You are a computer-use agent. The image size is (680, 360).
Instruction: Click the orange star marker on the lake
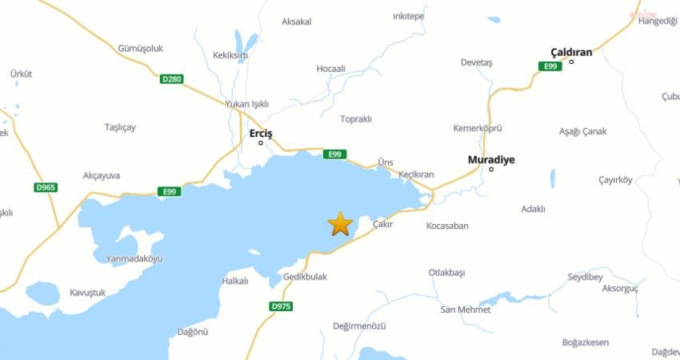(x=340, y=224)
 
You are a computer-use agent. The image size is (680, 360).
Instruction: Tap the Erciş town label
(x=262, y=133)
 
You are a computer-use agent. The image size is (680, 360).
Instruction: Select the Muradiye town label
(x=490, y=159)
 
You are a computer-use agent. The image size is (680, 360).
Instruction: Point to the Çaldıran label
(x=571, y=52)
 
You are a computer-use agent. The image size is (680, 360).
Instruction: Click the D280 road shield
(x=171, y=79)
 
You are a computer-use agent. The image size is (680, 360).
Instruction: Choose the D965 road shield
(x=46, y=187)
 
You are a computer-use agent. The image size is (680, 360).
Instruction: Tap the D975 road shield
(x=281, y=306)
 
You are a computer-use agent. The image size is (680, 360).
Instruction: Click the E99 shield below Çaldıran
(x=550, y=66)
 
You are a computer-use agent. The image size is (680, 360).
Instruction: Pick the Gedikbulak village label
(x=305, y=277)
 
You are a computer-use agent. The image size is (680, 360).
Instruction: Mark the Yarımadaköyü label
(x=134, y=258)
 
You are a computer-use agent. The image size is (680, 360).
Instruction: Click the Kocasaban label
(x=447, y=226)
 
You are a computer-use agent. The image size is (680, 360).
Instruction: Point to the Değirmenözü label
(x=359, y=326)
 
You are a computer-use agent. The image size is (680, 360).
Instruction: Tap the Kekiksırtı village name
(x=230, y=55)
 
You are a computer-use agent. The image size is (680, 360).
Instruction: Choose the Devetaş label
(x=476, y=62)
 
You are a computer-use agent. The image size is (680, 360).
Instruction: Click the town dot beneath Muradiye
(x=491, y=169)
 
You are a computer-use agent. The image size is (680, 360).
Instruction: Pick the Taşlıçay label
(x=120, y=127)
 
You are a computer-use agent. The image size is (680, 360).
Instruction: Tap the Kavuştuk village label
(x=88, y=293)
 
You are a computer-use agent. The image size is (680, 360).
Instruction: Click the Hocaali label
(x=330, y=69)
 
